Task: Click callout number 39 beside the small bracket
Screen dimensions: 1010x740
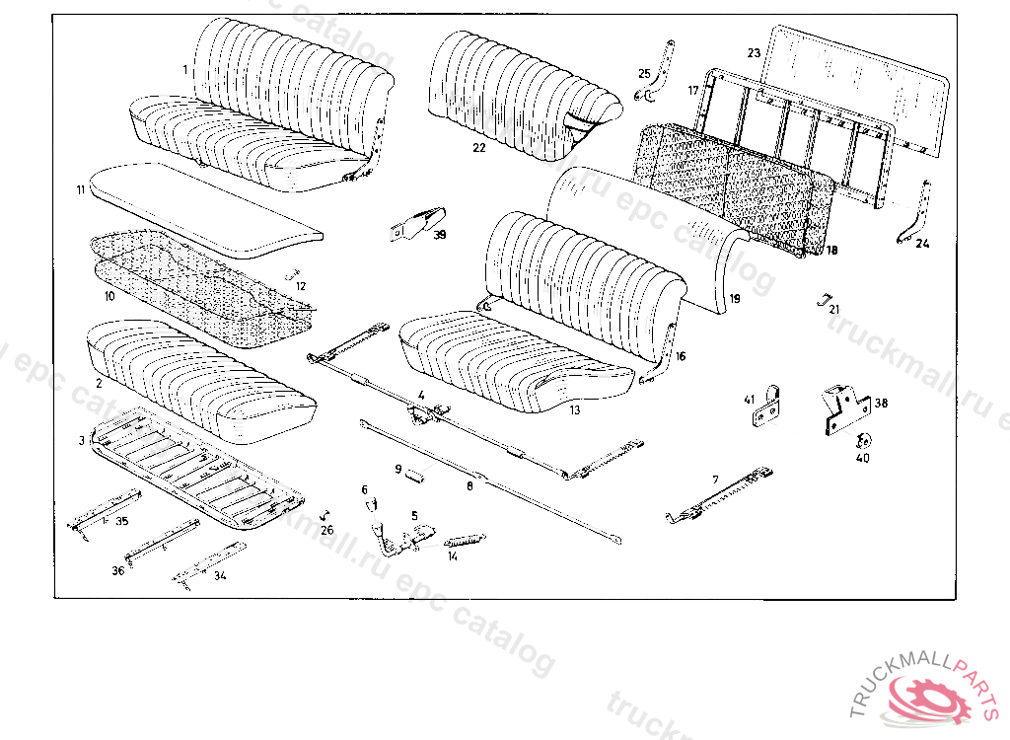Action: [440, 235]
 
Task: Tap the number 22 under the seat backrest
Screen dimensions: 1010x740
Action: [479, 148]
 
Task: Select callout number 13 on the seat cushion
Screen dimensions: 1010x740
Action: [575, 409]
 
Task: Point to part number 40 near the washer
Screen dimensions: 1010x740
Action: [863, 458]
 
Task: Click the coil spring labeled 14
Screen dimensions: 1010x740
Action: [464, 540]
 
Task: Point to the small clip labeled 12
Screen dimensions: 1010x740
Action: [293, 274]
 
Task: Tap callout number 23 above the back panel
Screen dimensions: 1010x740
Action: [754, 52]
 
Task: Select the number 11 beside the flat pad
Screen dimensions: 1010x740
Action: [80, 188]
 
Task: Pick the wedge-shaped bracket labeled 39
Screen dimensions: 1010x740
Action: [415, 224]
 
